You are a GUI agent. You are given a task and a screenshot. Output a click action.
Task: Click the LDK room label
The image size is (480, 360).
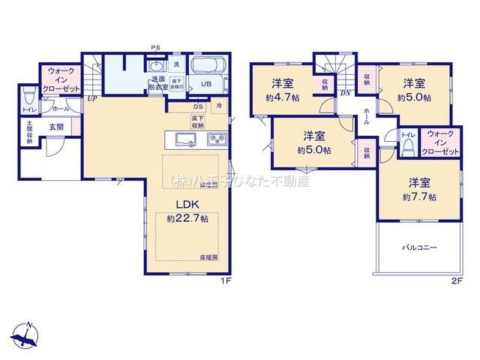tap(187, 204)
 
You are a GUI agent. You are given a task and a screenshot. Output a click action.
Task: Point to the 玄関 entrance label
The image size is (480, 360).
tap(57, 127)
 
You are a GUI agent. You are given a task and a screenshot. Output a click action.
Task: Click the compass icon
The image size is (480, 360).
tap(25, 336)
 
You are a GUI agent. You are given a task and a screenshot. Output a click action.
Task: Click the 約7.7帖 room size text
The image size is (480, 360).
tap(423, 196)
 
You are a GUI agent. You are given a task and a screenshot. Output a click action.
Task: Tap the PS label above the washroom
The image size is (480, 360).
tap(155, 48)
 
